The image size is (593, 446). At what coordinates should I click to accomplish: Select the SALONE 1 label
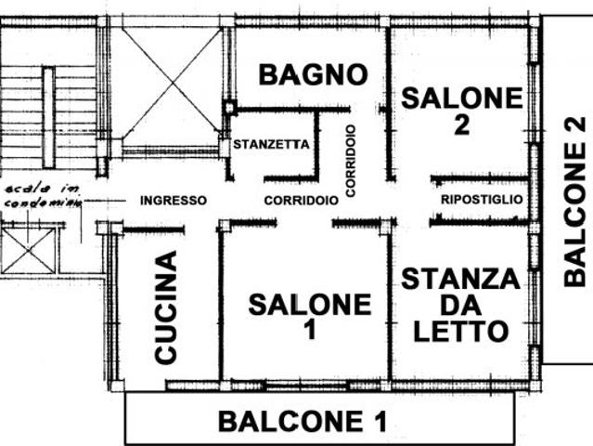(x=309, y=316)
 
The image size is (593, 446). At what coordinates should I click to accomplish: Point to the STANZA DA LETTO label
(x=460, y=305)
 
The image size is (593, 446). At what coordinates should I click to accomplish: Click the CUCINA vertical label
(x=166, y=307)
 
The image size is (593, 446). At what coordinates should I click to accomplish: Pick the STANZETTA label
(x=270, y=145)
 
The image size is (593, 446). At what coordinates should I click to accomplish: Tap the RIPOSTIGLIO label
(x=482, y=200)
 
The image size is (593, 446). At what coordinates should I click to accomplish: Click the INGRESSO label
(x=173, y=200)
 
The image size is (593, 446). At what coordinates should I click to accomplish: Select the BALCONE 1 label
(x=303, y=421)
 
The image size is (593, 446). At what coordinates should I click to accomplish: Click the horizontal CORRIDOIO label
(x=300, y=200)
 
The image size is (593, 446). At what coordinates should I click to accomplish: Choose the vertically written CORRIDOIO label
(x=350, y=160)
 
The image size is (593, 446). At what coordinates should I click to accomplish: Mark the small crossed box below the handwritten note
(x=29, y=249)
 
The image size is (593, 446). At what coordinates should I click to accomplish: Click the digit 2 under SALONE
(x=461, y=125)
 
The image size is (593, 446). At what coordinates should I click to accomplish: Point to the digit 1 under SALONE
(x=309, y=330)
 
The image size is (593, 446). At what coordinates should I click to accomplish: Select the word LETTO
(x=460, y=331)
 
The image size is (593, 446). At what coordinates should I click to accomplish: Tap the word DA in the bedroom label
(x=460, y=305)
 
